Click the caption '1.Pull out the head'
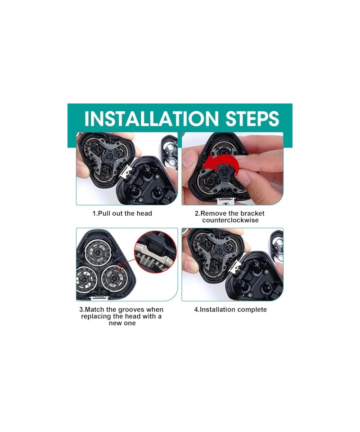(x=122, y=213)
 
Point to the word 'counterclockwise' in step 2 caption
(x=230, y=220)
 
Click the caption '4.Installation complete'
(x=230, y=310)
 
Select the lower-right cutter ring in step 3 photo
(x=114, y=278)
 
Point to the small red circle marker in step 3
(x=121, y=267)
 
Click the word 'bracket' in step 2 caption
(x=252, y=213)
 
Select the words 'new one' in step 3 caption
(x=122, y=323)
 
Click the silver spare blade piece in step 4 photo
(x=277, y=246)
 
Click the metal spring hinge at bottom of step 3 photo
(x=100, y=297)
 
